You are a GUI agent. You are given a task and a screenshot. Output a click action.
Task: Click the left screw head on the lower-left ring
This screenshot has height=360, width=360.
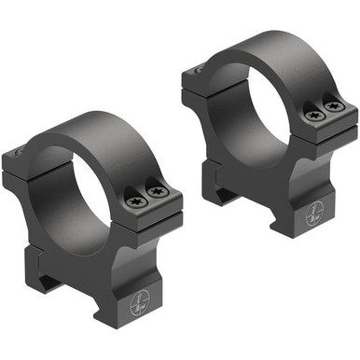point(135,197)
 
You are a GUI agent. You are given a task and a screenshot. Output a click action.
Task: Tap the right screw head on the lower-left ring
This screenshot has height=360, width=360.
point(159,192)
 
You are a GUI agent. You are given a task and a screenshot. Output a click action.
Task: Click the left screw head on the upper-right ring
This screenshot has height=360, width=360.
point(312,115)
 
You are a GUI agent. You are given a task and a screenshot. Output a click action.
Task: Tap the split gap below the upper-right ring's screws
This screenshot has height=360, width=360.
point(327,131)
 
